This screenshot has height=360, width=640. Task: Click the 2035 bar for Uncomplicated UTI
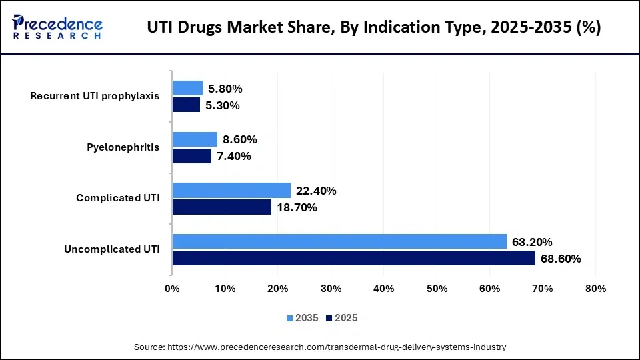tap(339, 241)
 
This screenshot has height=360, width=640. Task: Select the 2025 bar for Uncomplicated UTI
tap(353, 258)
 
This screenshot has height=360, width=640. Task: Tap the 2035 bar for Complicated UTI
tap(231, 191)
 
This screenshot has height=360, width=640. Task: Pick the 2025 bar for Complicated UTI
tap(221, 207)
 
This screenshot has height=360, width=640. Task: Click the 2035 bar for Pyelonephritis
tap(195, 139)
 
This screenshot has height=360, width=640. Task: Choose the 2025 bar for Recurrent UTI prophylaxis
tap(186, 105)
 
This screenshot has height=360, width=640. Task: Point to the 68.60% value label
tap(561, 259)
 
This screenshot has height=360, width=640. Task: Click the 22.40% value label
tap(316, 191)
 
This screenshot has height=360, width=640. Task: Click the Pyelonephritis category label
tap(123, 147)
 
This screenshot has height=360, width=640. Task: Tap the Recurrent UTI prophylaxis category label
tap(95, 96)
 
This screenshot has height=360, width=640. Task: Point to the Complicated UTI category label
tap(117, 198)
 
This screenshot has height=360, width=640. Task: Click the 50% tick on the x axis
tap(437, 289)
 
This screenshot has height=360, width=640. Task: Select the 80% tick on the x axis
tap(595, 289)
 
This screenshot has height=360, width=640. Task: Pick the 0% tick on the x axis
tap(172, 289)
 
